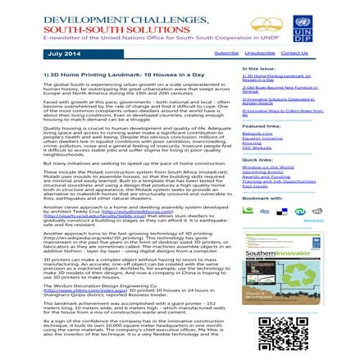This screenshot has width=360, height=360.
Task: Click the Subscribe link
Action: [x=226, y=52]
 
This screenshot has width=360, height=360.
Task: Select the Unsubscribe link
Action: [x=259, y=52]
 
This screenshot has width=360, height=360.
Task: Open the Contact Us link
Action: [x=294, y=52]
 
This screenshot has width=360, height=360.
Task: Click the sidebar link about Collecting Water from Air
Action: [x=276, y=110]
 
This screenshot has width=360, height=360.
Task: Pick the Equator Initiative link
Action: [x=262, y=138]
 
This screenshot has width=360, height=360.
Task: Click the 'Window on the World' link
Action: [x=267, y=167]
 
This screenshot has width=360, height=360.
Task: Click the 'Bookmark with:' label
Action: [x=262, y=198]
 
